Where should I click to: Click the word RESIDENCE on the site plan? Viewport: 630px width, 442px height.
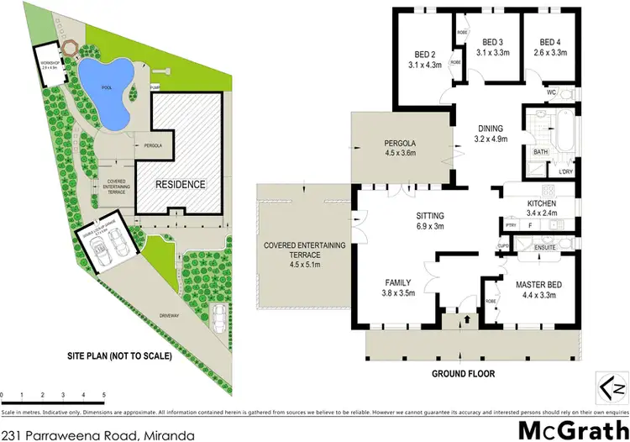click(x=180, y=184)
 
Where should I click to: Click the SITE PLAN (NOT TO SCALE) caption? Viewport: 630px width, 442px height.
click(x=119, y=356)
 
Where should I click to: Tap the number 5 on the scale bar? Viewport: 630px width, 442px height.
click(x=103, y=394)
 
